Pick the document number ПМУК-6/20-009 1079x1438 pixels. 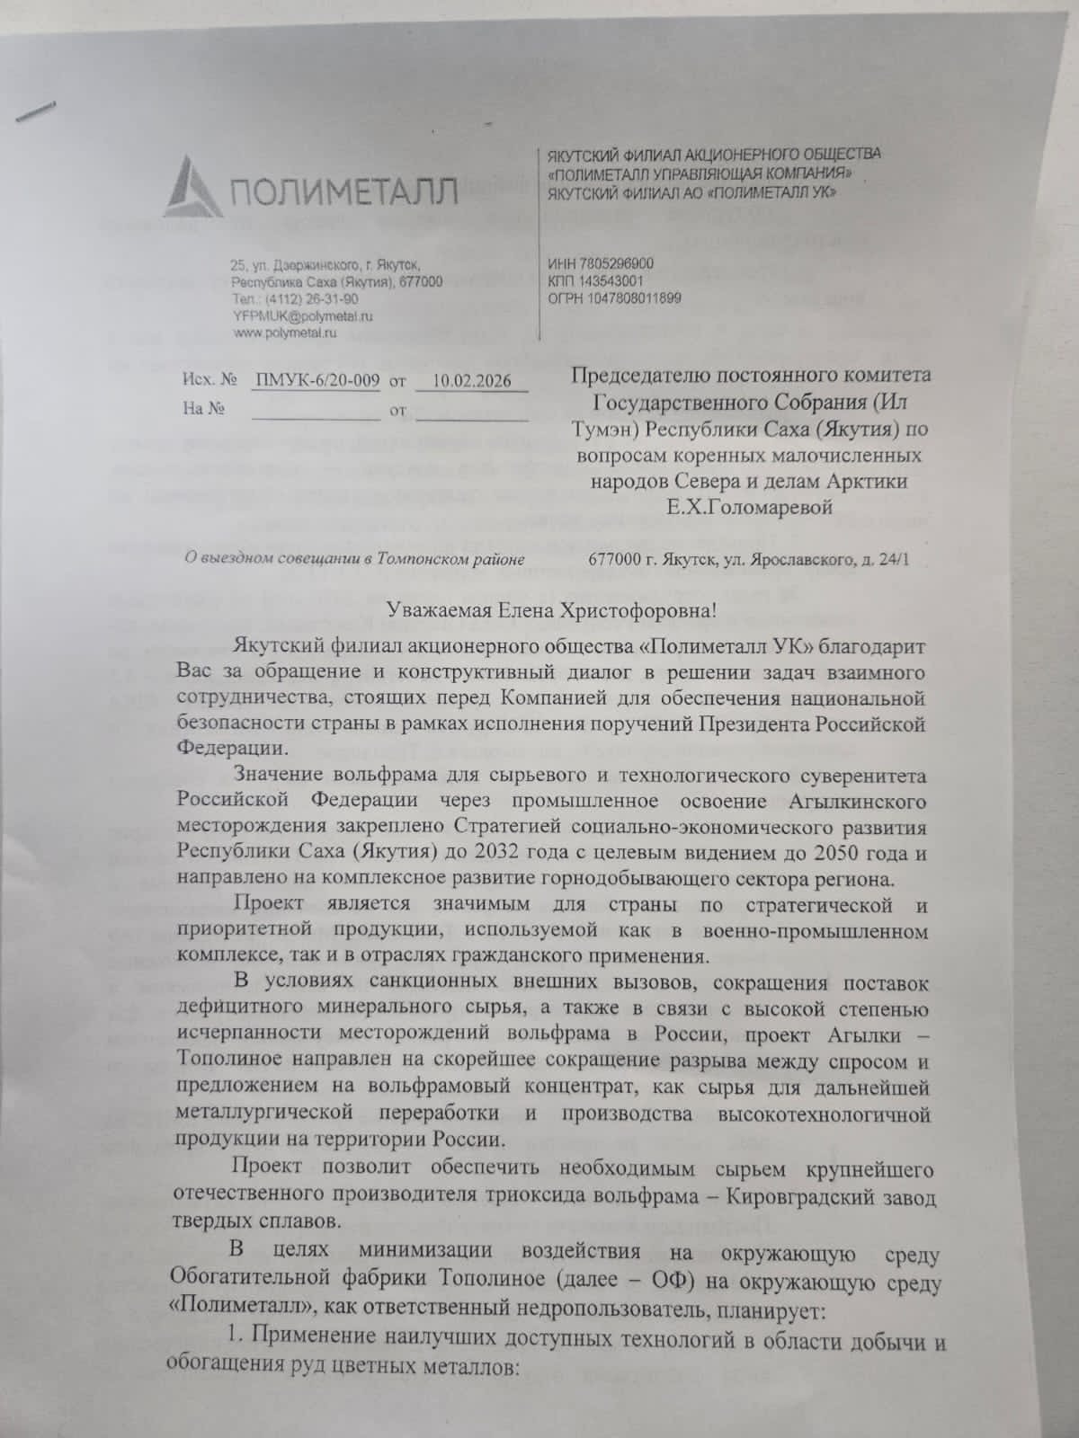317,380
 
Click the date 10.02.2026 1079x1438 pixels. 471,380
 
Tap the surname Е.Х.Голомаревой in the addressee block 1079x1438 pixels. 749,507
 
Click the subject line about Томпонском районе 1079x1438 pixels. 353,559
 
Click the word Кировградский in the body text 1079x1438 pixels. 812,1198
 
